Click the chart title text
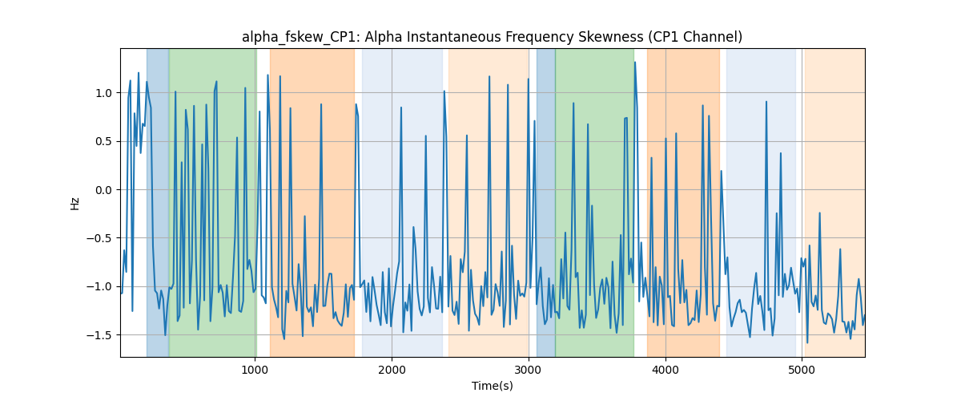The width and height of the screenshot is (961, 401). [492, 37]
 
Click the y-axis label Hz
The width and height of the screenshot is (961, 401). [75, 204]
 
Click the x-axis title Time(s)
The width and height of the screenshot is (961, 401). [492, 386]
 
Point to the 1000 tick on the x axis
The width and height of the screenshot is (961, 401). [255, 370]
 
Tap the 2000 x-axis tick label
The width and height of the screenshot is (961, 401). [392, 370]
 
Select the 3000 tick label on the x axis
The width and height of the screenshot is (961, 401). [529, 370]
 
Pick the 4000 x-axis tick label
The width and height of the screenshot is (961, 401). [665, 370]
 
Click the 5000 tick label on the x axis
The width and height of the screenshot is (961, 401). [802, 370]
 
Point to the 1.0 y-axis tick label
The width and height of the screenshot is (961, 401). [103, 93]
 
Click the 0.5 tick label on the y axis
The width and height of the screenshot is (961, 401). [103, 141]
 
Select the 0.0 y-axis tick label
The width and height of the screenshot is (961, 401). [103, 190]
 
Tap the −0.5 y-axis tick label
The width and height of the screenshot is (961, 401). [99, 238]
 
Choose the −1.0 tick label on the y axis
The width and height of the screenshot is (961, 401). [99, 286]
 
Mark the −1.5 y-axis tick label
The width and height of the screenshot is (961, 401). [99, 334]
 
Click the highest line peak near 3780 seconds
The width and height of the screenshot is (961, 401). [635, 63]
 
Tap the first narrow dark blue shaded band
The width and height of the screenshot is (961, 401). [158, 202]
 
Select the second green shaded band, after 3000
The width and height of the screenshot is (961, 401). [594, 202]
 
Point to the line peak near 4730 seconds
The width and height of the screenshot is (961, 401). [766, 102]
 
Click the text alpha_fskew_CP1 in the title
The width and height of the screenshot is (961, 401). [301, 38]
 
